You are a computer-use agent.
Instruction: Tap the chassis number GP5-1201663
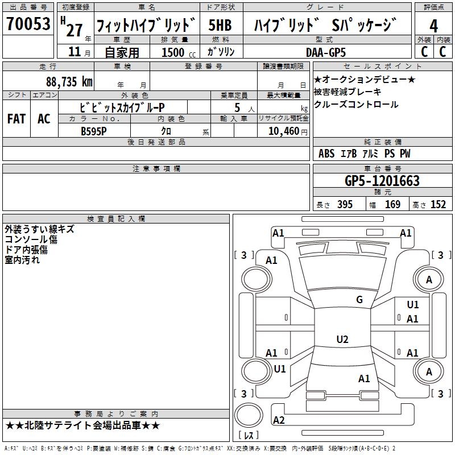tap(382, 181)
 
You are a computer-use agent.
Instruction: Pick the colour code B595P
tap(94, 130)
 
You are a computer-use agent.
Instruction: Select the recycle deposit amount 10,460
tap(282, 130)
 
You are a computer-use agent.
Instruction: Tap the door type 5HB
tap(220, 26)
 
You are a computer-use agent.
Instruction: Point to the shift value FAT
tap(16, 118)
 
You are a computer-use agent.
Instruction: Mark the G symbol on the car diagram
tap(359, 300)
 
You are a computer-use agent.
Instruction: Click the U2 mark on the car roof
tap(342, 340)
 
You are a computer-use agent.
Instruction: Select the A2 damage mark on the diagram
tap(279, 420)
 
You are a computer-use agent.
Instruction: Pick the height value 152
tap(438, 205)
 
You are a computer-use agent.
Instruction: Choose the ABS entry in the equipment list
tap(326, 154)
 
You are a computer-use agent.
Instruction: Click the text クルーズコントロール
tap(356, 105)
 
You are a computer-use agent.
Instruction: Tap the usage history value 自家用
tap(122, 52)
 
